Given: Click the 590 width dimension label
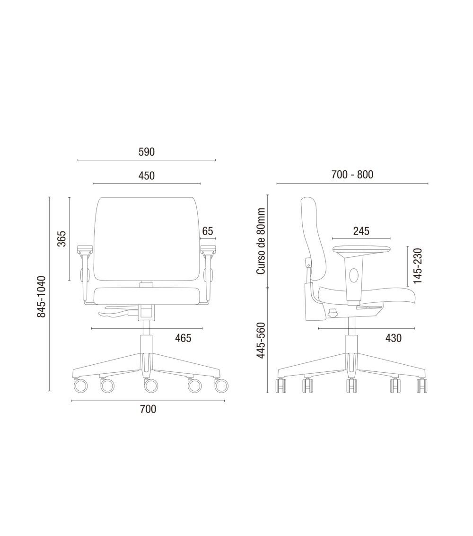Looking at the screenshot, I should click(146, 152).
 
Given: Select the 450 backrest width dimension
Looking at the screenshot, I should click(146, 176).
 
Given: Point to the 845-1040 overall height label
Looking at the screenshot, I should click(42, 296).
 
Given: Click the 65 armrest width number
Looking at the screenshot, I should click(208, 231).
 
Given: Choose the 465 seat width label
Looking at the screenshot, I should click(183, 338).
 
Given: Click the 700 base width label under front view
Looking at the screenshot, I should click(148, 409).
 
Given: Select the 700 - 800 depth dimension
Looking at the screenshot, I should click(352, 175).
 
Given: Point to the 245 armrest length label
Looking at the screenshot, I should click(361, 231).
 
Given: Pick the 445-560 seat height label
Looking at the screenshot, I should click(260, 341).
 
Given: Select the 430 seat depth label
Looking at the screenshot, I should click(393, 338).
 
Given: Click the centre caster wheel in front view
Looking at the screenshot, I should click(151, 387).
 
